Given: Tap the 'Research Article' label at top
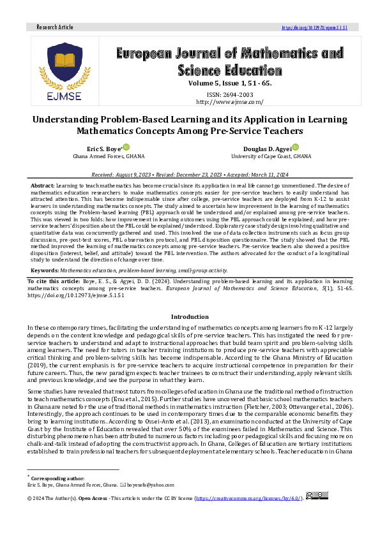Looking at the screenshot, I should point(55,27).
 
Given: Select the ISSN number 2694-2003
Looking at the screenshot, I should point(230,93).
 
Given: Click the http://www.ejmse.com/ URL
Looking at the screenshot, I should point(229,101).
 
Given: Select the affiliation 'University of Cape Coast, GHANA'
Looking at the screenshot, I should point(271,156).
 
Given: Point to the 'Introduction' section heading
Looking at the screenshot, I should point(190,316).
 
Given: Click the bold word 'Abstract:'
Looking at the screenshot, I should point(43,184).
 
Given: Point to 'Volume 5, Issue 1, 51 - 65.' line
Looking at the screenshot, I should point(229,84).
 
